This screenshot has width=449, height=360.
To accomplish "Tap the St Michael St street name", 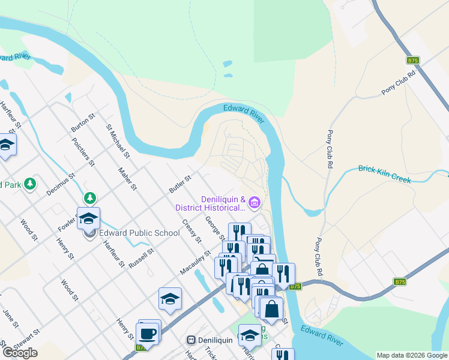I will [118, 141].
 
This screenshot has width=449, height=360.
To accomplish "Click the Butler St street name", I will [179, 184].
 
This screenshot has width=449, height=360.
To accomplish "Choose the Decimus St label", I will [60, 185].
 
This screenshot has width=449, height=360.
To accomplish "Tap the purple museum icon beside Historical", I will [255, 204].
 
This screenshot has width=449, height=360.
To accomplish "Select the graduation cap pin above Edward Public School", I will [88, 218].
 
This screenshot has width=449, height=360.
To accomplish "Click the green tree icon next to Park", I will [28, 184].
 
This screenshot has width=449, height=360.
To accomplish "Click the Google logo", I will [19, 352].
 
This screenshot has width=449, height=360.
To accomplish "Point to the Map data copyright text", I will [412, 355].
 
